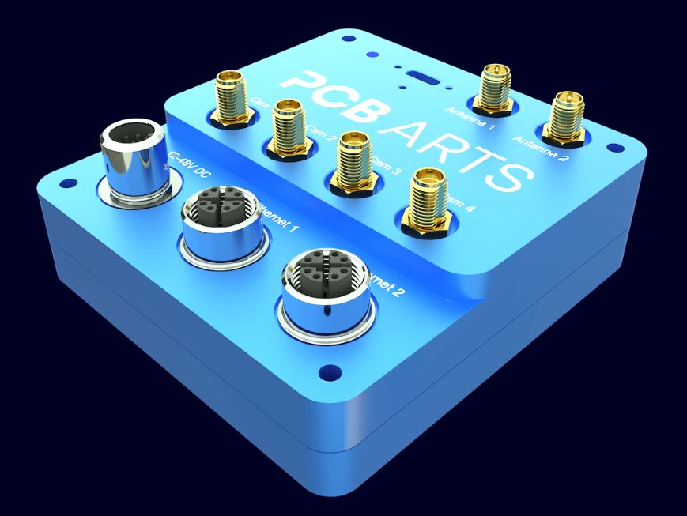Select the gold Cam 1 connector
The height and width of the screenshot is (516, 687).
[x=230, y=99]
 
